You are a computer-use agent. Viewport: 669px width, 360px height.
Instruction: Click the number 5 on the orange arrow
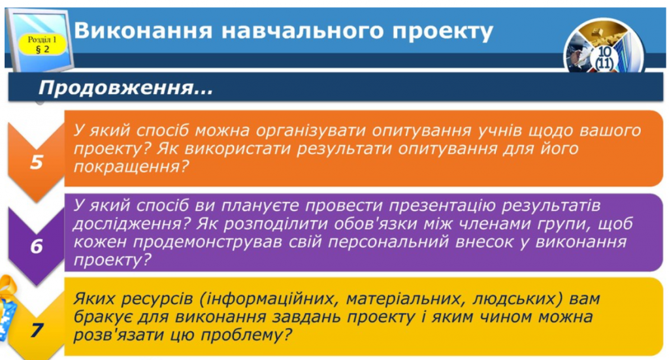tap(37, 162)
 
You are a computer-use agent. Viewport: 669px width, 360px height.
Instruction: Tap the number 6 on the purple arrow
tap(37, 246)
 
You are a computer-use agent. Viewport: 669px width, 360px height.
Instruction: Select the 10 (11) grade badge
tap(604, 57)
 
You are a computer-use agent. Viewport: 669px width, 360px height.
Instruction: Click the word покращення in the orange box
tap(127, 167)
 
